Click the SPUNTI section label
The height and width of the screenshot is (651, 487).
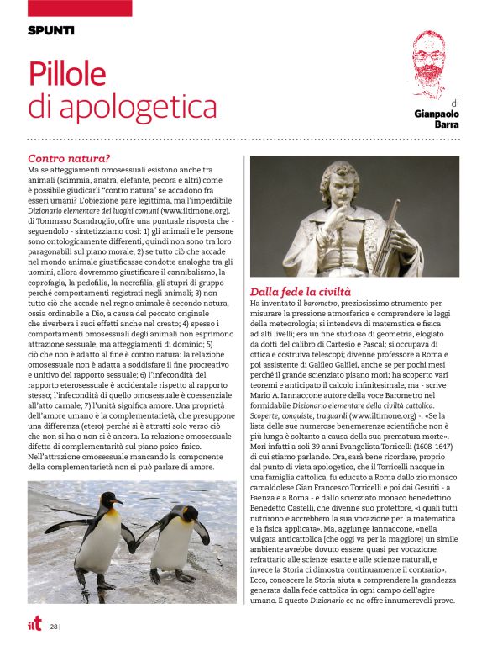pyautogui.click(x=50, y=30)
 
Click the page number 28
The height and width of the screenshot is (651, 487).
pyautogui.click(x=53, y=627)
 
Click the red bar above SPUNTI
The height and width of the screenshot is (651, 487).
pyautogui.click(x=80, y=8)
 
